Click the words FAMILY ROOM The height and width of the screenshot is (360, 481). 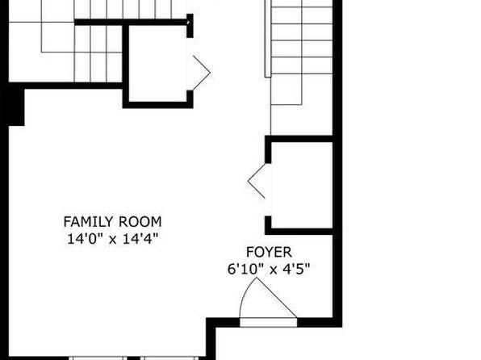point(112,222)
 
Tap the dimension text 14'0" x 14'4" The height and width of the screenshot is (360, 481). point(112,239)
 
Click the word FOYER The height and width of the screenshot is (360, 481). point(269,253)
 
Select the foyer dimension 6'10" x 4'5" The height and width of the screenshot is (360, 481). point(269,269)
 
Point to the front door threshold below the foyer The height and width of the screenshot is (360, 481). point(269,323)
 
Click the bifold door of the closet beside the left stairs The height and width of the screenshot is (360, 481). point(201,73)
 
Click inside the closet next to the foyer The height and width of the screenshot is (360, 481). point(302,185)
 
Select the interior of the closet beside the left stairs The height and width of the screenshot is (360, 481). point(158,63)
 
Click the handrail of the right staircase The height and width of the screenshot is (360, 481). point(268,39)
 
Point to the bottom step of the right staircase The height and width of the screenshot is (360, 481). point(287,90)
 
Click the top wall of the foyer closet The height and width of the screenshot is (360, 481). point(299,139)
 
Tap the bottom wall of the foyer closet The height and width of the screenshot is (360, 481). point(299,232)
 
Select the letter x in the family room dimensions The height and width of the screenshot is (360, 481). point(113,240)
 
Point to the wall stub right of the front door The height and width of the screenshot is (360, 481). point(315,322)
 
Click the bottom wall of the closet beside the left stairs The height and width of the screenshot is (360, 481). point(157,105)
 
